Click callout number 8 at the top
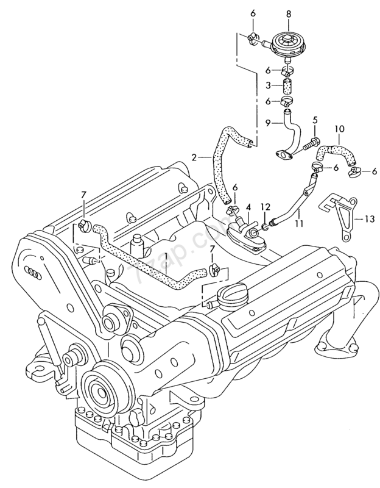tap(289, 13)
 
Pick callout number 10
tap(340, 130)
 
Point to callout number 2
tap(194, 157)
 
